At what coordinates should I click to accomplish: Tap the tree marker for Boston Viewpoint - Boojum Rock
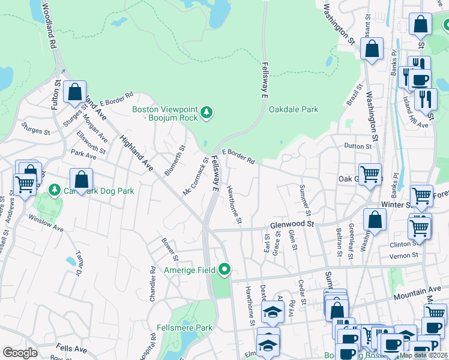206,112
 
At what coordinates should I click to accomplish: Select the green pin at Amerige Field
225,270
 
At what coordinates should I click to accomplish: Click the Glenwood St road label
292,224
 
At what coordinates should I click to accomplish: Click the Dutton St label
359,146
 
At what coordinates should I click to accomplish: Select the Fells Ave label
71,348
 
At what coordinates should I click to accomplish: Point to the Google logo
20,353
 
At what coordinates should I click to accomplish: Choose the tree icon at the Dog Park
55,190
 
